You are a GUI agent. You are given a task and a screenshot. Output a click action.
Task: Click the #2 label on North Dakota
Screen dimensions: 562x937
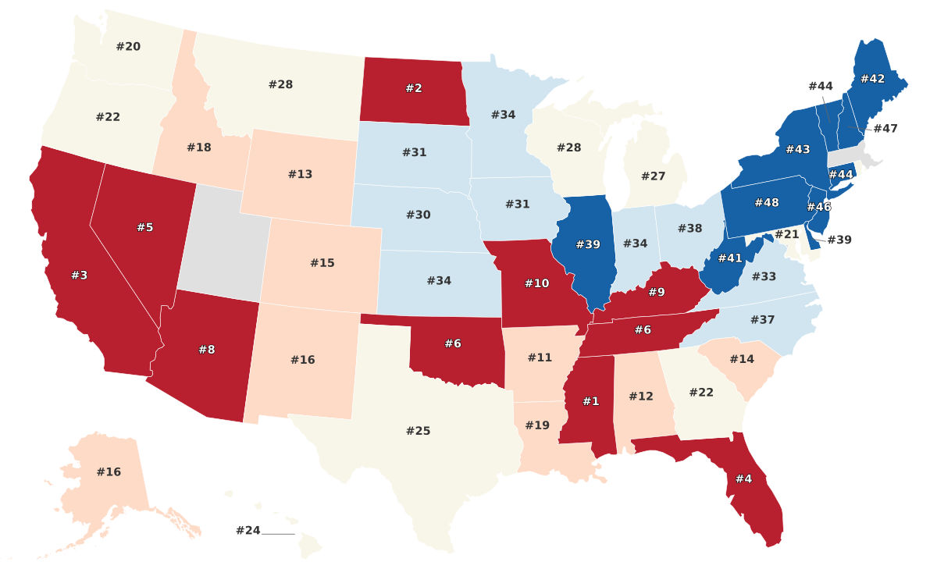[x=414, y=88]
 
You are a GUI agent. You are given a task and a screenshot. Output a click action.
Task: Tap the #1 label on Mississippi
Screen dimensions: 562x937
[x=590, y=401]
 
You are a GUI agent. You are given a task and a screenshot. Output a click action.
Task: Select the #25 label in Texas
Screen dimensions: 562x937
[x=419, y=431]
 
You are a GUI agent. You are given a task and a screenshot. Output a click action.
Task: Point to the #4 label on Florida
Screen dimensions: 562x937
[x=743, y=478]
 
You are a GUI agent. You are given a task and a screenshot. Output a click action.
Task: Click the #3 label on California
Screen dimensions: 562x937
[x=80, y=276]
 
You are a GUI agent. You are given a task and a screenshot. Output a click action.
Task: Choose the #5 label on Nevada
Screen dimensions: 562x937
[x=145, y=227]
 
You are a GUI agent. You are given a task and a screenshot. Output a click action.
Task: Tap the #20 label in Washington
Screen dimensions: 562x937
[x=129, y=46]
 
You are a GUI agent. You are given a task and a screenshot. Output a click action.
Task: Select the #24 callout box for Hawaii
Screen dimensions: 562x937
[x=248, y=531]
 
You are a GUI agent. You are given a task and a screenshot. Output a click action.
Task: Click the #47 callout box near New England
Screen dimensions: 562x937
[x=885, y=129]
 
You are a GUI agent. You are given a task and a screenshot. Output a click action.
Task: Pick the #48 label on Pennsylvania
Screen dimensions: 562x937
[x=767, y=203]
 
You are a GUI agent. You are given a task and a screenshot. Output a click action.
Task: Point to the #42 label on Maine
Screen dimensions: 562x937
[x=872, y=79]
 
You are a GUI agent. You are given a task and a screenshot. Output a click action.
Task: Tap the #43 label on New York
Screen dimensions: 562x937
[x=798, y=149]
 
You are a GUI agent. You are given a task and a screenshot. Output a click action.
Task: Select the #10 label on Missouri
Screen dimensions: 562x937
[x=536, y=283]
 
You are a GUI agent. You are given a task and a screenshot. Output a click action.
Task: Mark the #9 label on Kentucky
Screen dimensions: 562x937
[x=657, y=293]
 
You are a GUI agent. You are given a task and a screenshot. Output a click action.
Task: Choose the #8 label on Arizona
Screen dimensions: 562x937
[x=206, y=350]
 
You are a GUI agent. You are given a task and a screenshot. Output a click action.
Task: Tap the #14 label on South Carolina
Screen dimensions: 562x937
[x=742, y=359]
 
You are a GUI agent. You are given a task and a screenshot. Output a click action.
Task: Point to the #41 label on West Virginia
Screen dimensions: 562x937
[x=730, y=258]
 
